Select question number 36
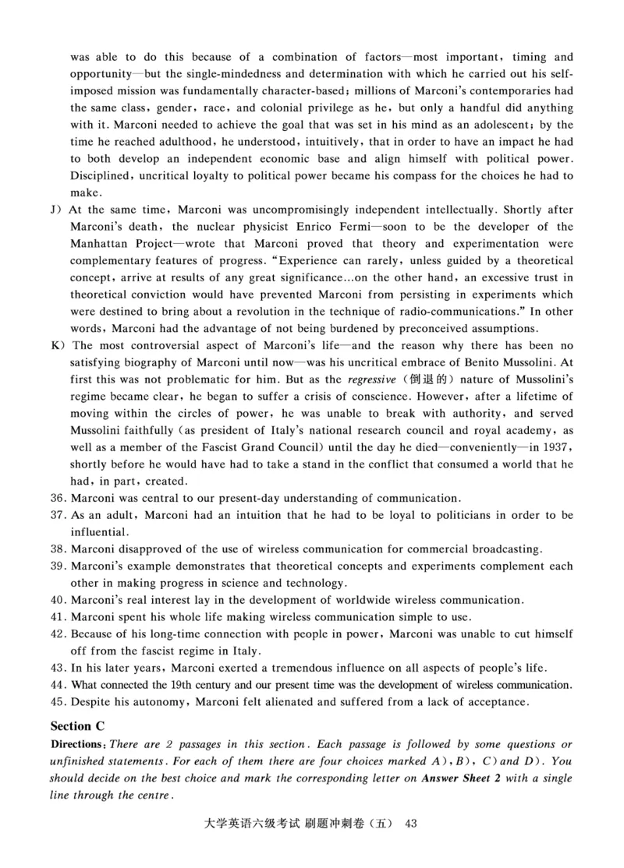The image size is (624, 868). click(58, 498)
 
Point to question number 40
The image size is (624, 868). click(58, 600)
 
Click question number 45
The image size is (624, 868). click(58, 702)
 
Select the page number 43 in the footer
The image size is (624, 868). click(413, 845)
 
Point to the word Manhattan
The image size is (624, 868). click(97, 244)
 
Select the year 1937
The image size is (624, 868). click(555, 446)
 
